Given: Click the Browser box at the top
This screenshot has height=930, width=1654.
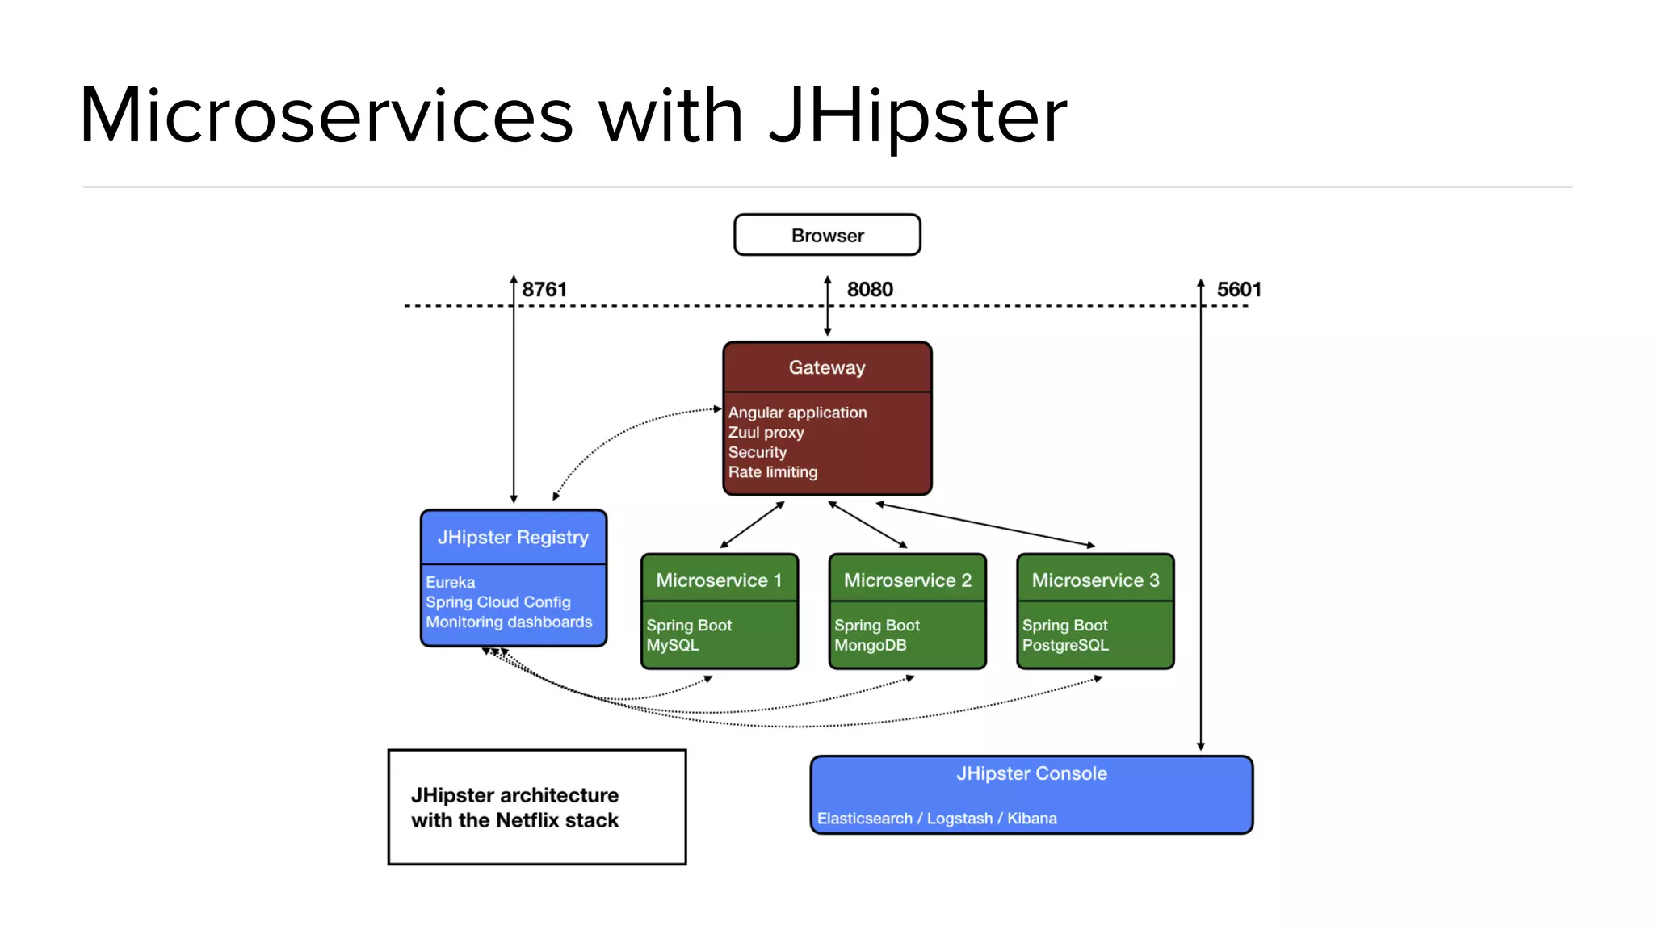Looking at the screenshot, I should click(x=827, y=235).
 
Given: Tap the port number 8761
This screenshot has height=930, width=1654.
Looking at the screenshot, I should click(x=544, y=289).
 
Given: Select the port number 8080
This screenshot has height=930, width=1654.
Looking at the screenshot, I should click(x=870, y=289).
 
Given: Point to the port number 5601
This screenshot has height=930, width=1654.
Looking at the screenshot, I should click(x=1238, y=289).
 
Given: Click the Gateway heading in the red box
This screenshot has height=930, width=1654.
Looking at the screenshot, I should click(x=827, y=367).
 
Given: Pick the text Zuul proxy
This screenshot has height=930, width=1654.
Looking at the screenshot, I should click(x=766, y=433).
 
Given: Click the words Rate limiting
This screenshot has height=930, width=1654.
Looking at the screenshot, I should click(x=772, y=472).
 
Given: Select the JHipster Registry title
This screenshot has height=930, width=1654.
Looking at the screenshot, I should click(x=513, y=537).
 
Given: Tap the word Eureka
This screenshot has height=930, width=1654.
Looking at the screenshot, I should click(x=451, y=582).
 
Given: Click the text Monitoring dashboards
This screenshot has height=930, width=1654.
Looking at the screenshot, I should click(x=509, y=622).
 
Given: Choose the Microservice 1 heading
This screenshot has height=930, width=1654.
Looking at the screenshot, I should click(x=719, y=580).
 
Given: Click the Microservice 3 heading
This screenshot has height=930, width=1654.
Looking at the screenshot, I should click(x=1095, y=580).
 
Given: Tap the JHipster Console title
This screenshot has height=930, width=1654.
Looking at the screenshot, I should click(x=1031, y=773).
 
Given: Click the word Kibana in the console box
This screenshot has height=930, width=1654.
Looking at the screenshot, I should click(x=1031, y=819).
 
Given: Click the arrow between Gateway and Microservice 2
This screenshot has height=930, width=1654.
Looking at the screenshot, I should click(x=867, y=525).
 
